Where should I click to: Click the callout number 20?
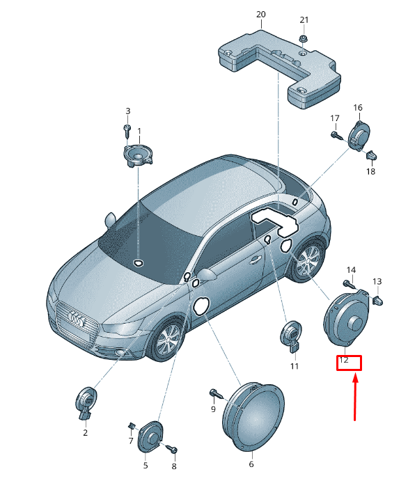tap(261, 15)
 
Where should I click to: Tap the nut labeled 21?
tap(303, 39)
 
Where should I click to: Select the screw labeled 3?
tap(127, 131)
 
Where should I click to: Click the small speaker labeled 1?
tap(138, 155)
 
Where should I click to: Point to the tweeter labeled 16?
tap(359, 135)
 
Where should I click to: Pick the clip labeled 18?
tap(371, 155)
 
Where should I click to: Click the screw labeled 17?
tap(336, 136)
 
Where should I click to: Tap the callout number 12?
tap(343, 360)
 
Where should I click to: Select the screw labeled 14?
tap(350, 284)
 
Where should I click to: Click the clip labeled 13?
tap(377, 301)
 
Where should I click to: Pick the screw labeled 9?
tap(217, 394)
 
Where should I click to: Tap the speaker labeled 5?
tap(150, 436)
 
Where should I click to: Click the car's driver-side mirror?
tap(206, 274)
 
